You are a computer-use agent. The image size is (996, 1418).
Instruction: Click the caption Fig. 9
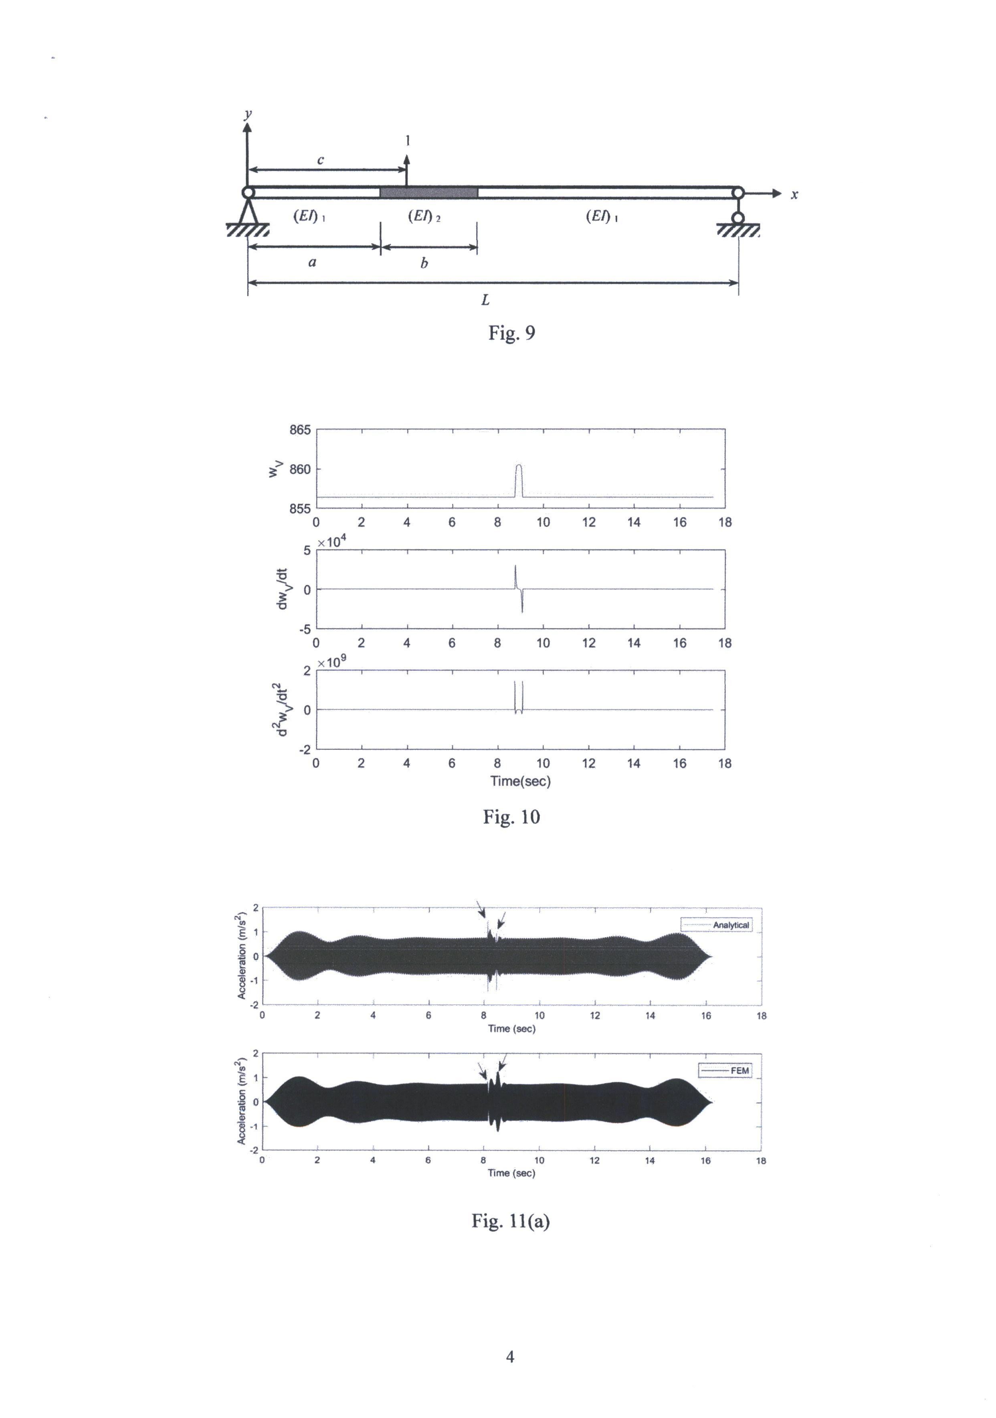point(511,333)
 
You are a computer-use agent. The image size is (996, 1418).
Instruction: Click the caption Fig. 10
point(511,817)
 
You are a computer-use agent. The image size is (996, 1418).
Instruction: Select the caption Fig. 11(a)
point(511,1221)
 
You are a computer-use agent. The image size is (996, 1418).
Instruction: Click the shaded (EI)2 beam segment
point(428,192)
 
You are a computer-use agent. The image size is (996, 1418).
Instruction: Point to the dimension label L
point(486,300)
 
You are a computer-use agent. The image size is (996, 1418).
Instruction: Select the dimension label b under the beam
point(424,263)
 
